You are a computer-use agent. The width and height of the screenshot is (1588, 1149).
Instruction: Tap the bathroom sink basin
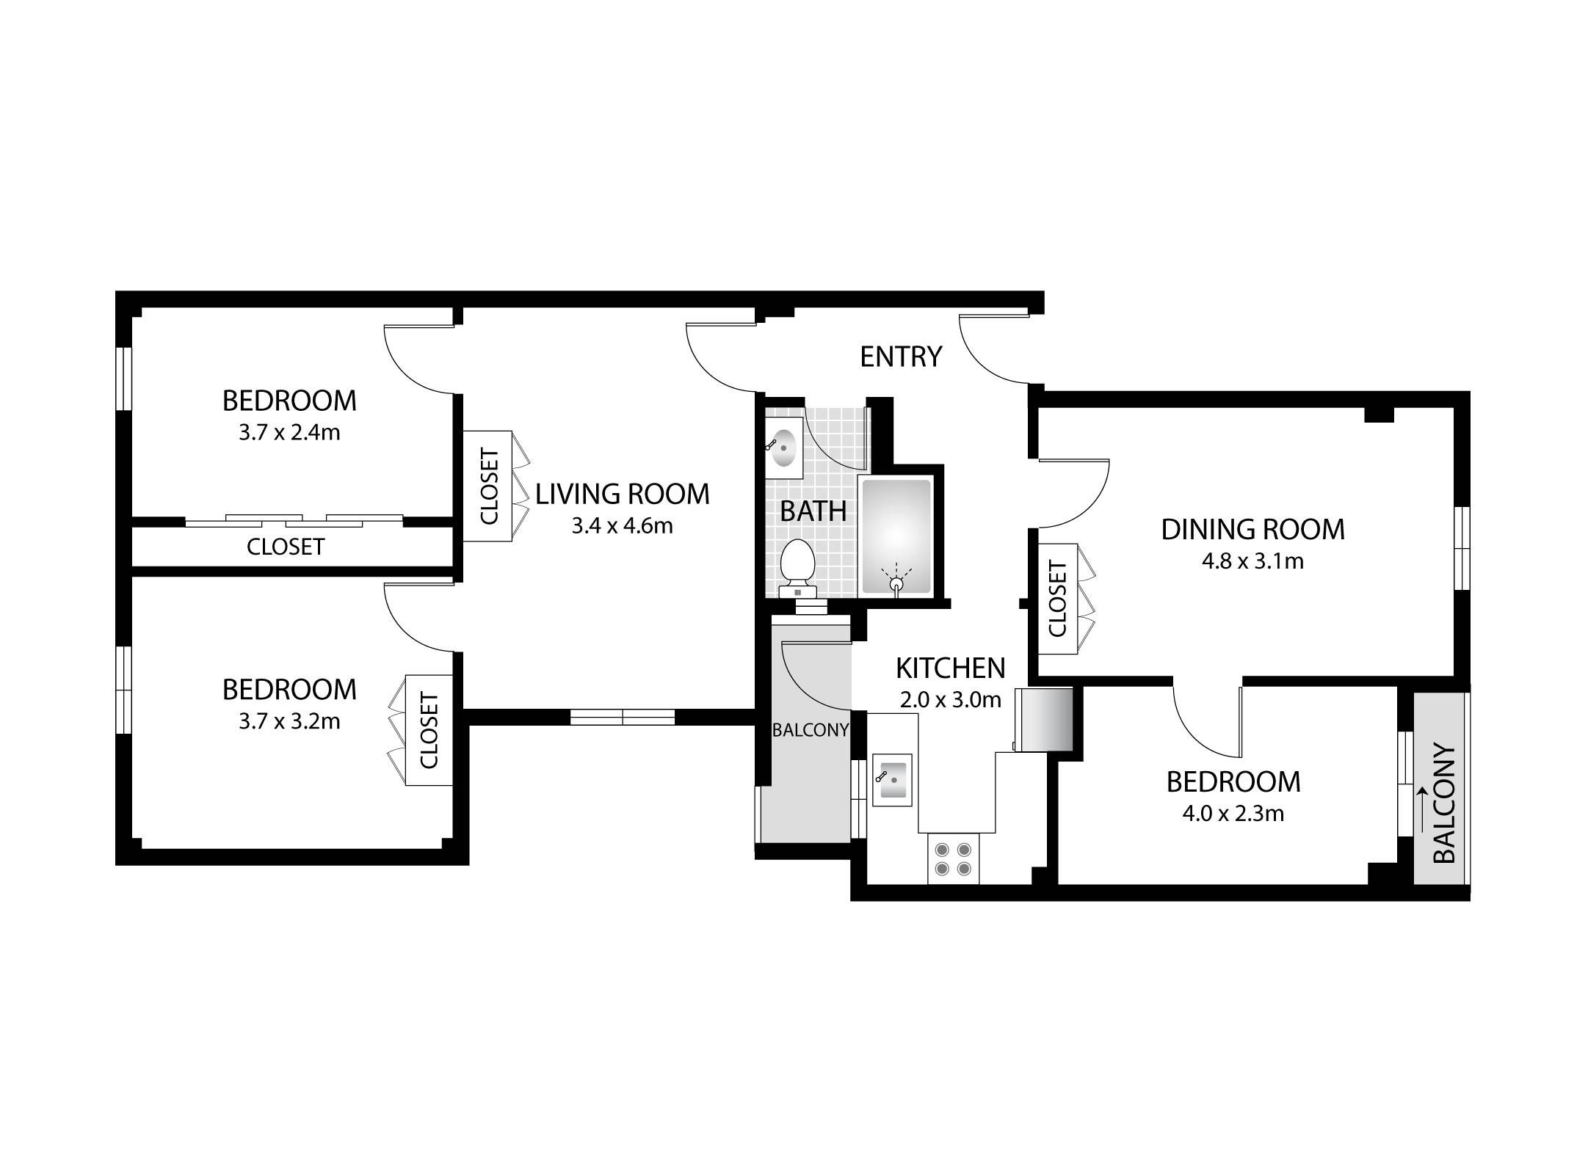(784, 448)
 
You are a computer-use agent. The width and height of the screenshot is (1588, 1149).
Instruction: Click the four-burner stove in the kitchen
(953, 860)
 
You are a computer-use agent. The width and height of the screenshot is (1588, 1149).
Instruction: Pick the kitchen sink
(892, 780)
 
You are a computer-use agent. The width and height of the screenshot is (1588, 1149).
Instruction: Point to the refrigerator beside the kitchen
(1043, 719)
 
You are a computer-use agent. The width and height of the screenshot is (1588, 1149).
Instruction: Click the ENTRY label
(900, 357)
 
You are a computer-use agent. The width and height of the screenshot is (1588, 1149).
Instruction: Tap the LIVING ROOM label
(623, 494)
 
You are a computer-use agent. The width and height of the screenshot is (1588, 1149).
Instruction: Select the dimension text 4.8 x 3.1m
(1252, 562)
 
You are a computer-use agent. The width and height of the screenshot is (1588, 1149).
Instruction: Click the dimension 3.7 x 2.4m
(289, 433)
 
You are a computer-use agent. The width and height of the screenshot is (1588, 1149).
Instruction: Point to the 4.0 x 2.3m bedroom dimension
(1233, 814)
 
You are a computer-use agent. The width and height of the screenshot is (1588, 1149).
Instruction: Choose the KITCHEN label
(951, 668)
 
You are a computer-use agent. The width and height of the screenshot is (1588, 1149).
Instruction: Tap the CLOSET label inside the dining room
(1058, 599)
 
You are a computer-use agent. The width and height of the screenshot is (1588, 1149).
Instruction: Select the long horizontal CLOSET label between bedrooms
(286, 547)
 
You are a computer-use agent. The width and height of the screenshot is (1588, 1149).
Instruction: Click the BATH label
(813, 511)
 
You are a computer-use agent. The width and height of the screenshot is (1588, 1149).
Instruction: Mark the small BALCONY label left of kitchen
(811, 731)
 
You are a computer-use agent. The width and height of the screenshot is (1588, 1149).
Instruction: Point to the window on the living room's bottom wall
(623, 717)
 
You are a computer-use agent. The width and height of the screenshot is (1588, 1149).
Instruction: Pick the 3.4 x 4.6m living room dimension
(623, 526)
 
